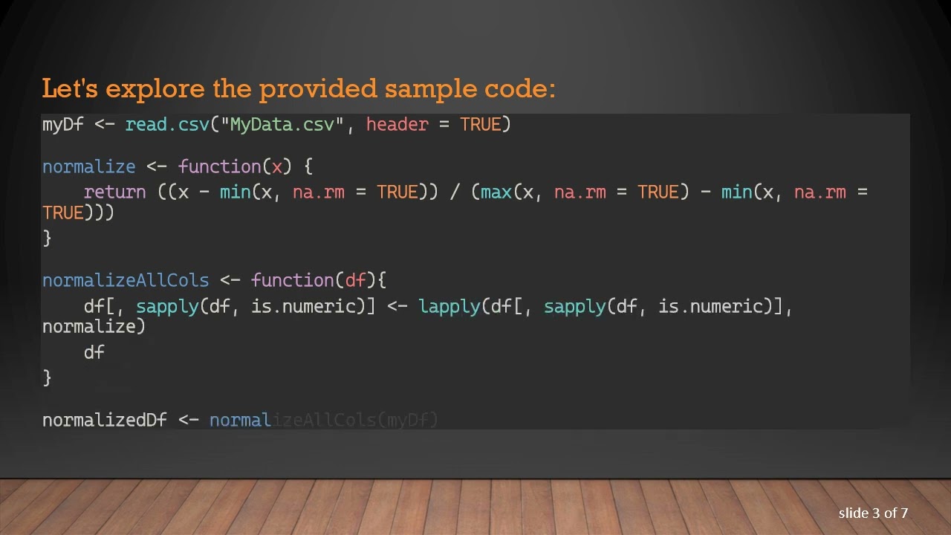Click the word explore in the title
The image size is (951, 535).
(x=155, y=88)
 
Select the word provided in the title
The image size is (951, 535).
(x=308, y=88)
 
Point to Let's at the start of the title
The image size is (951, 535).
(x=70, y=88)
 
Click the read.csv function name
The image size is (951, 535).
(x=167, y=124)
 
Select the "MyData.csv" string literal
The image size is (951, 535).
(x=282, y=124)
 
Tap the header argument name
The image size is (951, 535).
(x=397, y=124)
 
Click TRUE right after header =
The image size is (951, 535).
(x=481, y=124)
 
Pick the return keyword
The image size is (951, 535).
(x=114, y=192)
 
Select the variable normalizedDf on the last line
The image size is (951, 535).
(x=104, y=420)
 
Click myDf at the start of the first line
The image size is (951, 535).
(x=62, y=124)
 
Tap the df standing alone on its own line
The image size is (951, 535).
(x=94, y=351)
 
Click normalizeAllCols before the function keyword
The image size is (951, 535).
(x=125, y=280)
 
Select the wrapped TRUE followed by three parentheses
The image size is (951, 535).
(x=63, y=213)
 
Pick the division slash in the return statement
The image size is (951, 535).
(x=455, y=192)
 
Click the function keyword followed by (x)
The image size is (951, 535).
(x=219, y=166)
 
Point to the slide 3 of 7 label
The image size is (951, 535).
(x=873, y=513)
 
